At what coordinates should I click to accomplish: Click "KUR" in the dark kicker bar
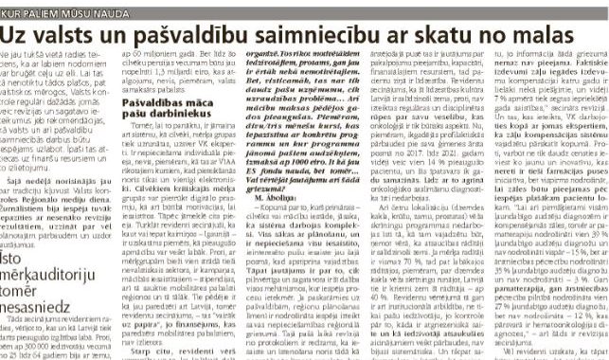coord(15,8)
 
